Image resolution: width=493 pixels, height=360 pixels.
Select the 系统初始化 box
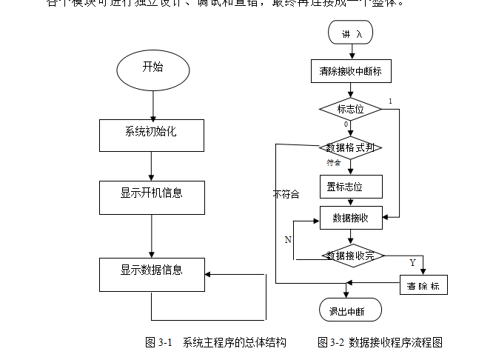tap(151, 134)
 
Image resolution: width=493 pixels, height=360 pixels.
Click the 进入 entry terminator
tap(351, 33)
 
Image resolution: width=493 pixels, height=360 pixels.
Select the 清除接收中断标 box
tap(350, 71)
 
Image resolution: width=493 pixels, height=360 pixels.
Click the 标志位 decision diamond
tap(350, 109)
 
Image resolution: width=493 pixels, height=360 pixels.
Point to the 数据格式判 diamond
tap(350, 147)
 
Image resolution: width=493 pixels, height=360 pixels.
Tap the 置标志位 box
tap(350, 186)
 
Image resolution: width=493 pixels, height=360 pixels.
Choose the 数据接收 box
tap(350, 218)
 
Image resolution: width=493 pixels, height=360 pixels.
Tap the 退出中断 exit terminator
tap(351, 310)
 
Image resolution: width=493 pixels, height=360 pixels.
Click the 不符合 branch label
tap(286, 195)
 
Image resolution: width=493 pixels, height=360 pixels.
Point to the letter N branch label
tap(288, 239)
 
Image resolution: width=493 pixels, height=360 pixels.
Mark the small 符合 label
tap(333, 163)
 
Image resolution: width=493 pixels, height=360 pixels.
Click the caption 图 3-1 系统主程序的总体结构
tap(215, 342)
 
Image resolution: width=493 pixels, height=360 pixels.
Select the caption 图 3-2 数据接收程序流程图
tap(380, 342)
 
